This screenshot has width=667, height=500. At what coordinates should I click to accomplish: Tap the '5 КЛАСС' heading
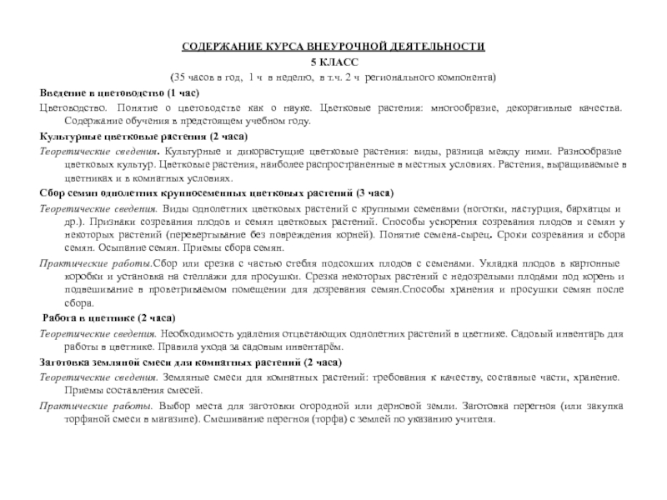coord(333,62)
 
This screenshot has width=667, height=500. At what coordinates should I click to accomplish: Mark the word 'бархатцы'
coord(599,207)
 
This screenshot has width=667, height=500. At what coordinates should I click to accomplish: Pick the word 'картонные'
coord(598,263)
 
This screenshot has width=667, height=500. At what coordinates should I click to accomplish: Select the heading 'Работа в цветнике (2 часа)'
coord(108,318)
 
